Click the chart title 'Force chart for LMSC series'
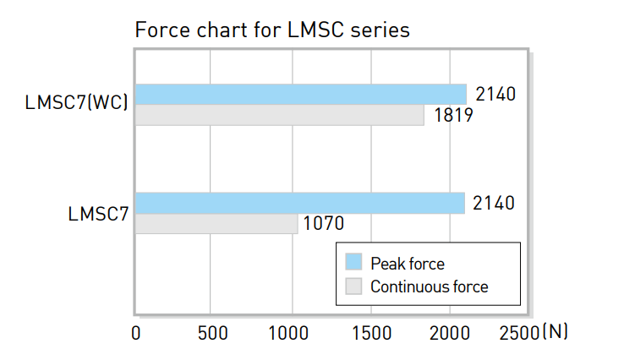272,30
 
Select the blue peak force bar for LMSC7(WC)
301,95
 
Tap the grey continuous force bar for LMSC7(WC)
279,115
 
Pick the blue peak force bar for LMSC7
300,203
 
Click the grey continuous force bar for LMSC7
216,224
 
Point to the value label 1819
453,116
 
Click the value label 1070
324,223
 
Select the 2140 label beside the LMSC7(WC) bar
495,95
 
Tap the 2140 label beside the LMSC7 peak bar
494,203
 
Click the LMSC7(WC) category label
76,102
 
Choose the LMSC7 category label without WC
98,214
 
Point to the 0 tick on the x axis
135,333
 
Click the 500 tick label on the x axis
213,333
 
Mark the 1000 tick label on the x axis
288,333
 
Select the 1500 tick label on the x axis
372,333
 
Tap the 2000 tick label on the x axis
450,333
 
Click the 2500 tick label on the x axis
519,333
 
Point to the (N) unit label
556,332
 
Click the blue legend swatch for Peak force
353,262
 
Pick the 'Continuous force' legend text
429,286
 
